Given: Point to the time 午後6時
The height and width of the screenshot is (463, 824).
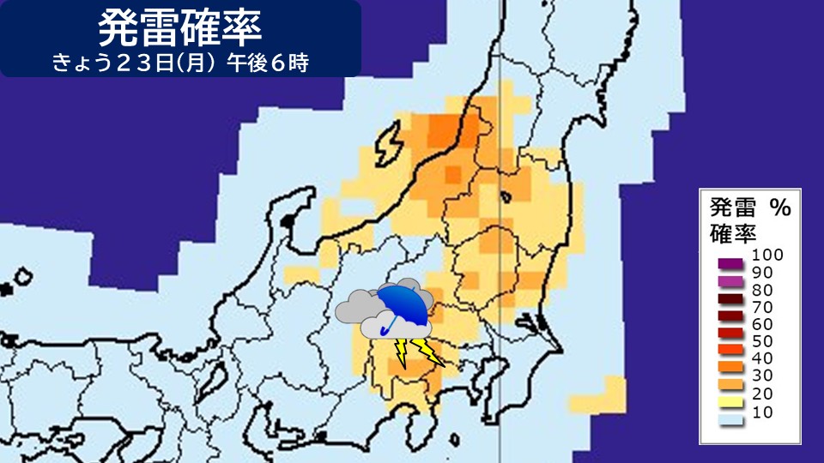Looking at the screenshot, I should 267,63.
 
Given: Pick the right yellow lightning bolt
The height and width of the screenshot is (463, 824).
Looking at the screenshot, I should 426,351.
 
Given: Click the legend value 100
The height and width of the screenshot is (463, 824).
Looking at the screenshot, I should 766,255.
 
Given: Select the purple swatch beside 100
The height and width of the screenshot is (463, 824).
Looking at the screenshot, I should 730,261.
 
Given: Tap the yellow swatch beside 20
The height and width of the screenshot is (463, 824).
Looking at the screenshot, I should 730,398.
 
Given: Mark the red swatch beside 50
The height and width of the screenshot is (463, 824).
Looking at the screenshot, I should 730,346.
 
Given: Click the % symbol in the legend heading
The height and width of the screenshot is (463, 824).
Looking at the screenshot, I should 779,207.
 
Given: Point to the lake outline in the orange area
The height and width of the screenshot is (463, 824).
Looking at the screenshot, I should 507,196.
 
